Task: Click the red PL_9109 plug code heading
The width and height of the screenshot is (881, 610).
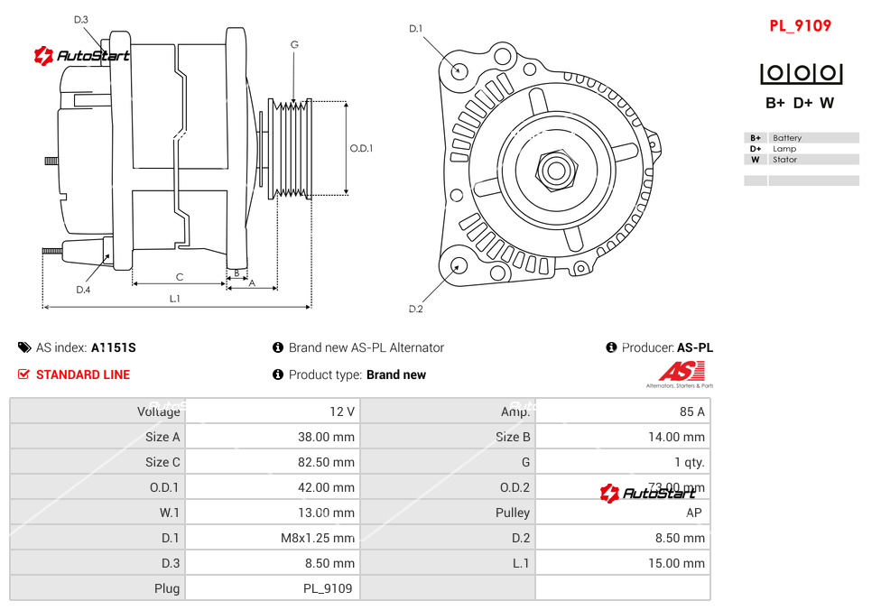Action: pos(800,25)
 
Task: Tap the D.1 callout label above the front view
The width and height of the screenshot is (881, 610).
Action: pos(415,29)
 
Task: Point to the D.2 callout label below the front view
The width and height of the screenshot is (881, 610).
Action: pos(415,309)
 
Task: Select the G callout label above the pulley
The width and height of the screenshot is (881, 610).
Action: pos(294,44)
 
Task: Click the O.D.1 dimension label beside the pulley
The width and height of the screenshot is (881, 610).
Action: pos(361,148)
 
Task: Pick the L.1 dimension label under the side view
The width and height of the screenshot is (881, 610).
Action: pos(175,298)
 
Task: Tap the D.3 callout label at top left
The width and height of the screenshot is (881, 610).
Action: pos(81,19)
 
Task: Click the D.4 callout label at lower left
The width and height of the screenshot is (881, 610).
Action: pos(83,289)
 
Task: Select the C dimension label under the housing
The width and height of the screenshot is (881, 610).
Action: pos(180,277)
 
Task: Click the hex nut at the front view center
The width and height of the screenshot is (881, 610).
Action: pos(556,169)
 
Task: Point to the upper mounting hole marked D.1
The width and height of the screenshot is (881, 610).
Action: pos(459,69)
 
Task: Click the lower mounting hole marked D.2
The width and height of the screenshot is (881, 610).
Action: pos(459,265)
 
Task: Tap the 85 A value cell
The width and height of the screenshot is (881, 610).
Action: pos(691,411)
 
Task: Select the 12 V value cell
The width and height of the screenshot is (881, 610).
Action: pos(342,411)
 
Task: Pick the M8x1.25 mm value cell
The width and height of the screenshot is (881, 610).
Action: pos(318,538)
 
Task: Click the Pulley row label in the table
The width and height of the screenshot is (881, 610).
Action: pos(513,513)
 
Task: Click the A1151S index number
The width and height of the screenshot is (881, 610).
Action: pos(114,347)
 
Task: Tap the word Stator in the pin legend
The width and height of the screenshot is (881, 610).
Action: pos(784,160)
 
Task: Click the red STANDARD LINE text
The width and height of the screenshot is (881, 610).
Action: pos(83,374)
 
